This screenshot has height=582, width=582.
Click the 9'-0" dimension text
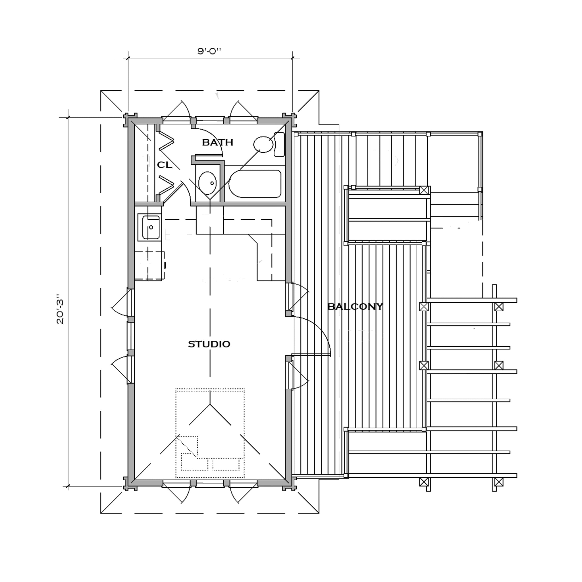pyautogui.click(x=209, y=51)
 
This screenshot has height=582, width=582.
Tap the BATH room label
pyautogui.click(x=217, y=142)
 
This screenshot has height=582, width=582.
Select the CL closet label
pyautogui.click(x=165, y=165)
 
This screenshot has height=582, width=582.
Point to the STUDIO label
pyautogui.click(x=209, y=344)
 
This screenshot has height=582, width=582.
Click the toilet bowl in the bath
pyautogui.click(x=263, y=144)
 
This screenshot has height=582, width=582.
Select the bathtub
pyautogui.click(x=255, y=184)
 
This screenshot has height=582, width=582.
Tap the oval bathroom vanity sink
pyautogui.click(x=207, y=183)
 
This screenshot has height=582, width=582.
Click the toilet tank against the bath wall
pyautogui.click(x=279, y=144)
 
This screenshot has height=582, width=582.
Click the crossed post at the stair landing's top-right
pyautogui.click(x=424, y=190)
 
